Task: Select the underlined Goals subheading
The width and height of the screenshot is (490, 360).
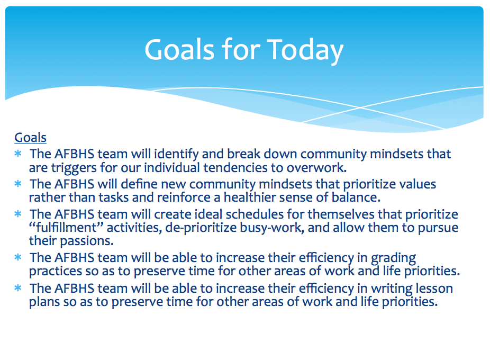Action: point(30,138)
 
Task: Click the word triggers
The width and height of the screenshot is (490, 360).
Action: point(74,168)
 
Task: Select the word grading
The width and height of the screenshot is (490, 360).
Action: point(394,258)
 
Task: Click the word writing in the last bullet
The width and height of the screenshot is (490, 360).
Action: point(392,289)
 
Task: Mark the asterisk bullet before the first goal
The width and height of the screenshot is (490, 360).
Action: point(18,154)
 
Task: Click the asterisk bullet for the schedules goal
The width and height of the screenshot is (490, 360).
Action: point(18,214)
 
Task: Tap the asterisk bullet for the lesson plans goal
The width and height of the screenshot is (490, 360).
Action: point(18,288)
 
